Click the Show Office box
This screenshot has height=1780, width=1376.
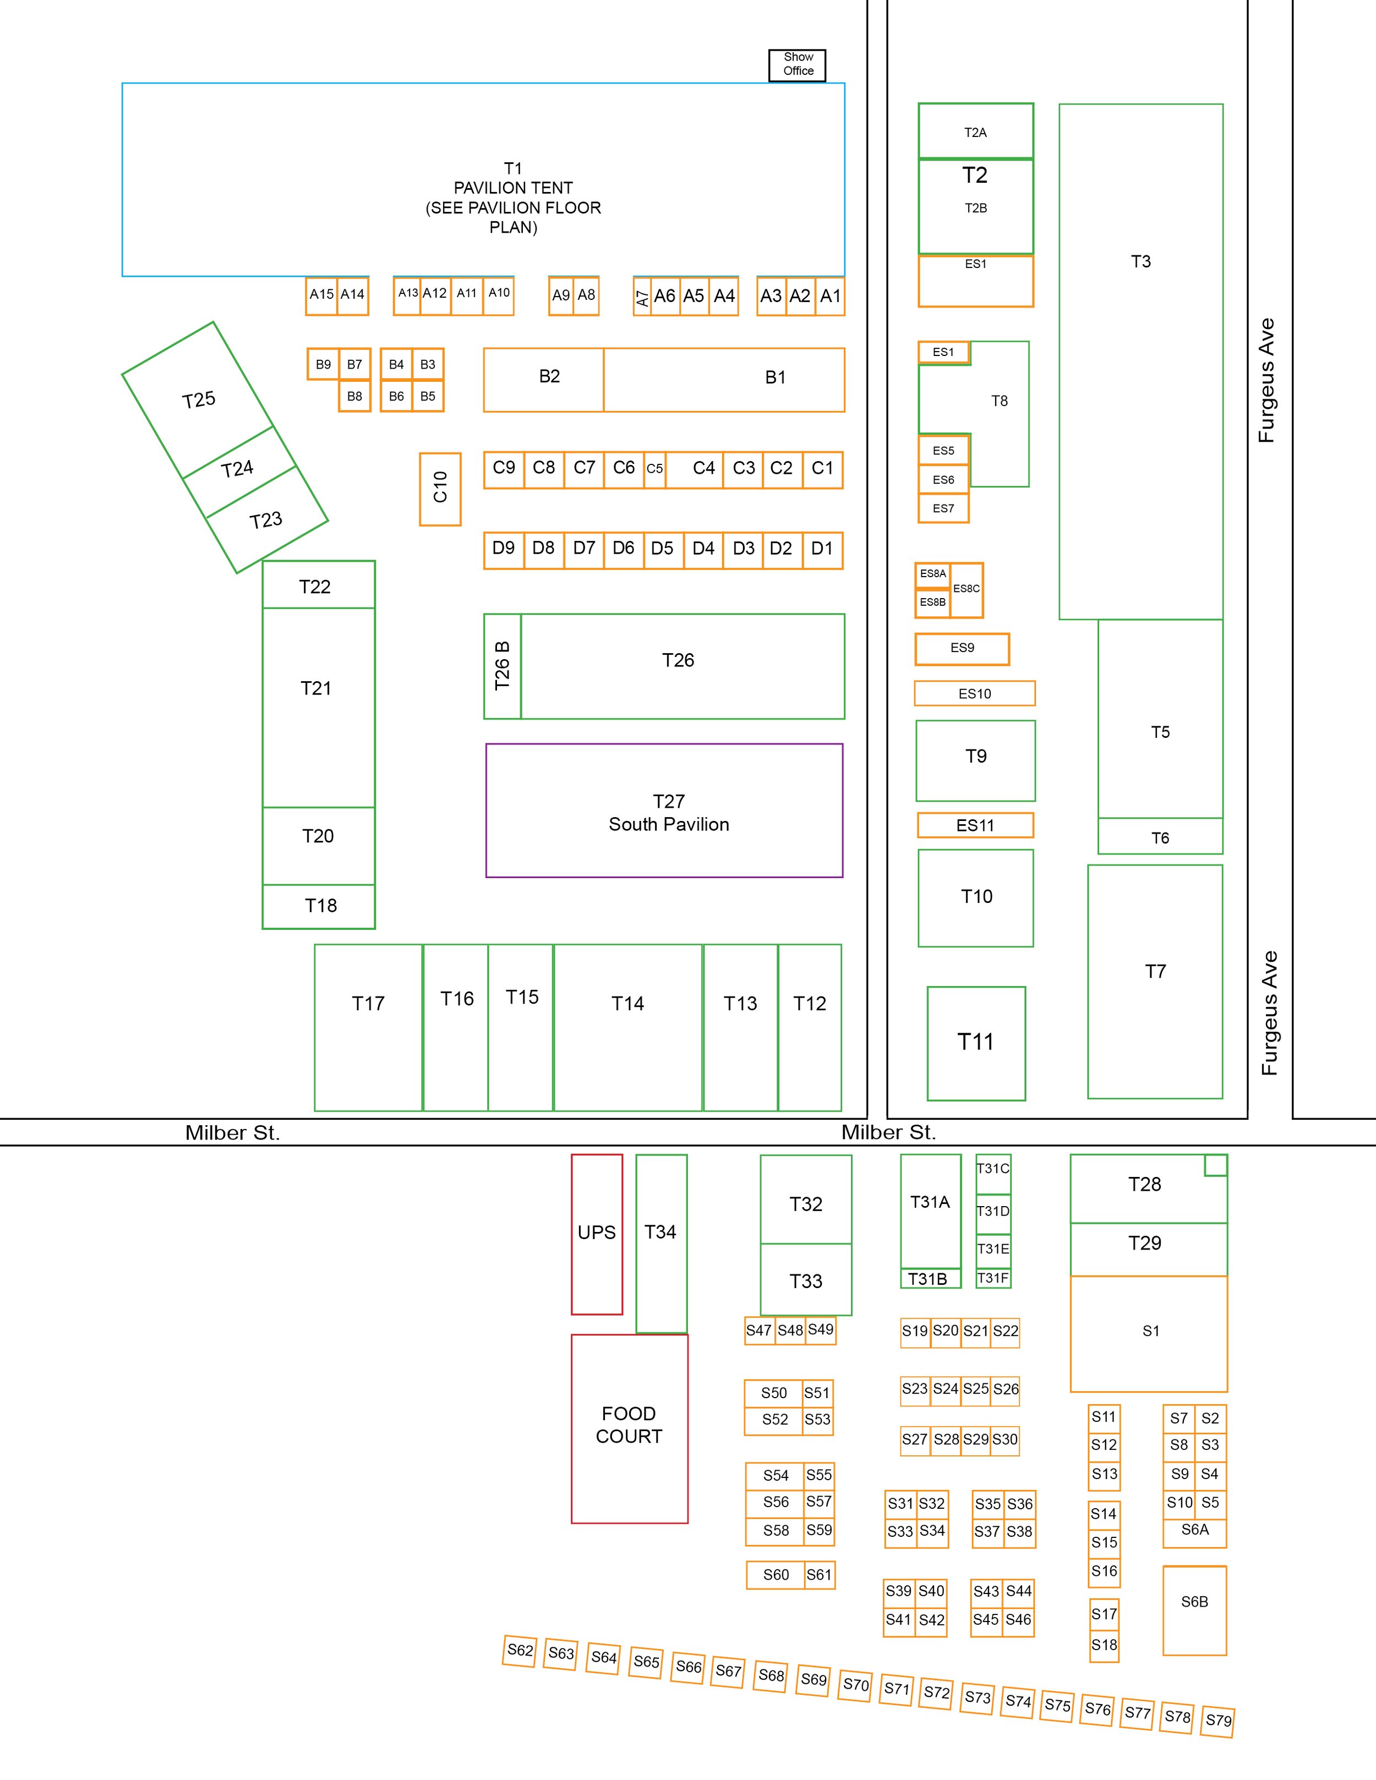(x=797, y=64)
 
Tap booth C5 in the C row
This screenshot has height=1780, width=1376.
(x=654, y=469)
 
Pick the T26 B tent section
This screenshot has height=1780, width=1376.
(x=502, y=666)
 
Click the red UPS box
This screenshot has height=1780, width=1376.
(x=597, y=1233)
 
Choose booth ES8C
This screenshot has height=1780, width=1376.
(x=967, y=589)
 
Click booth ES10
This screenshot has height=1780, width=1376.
(x=975, y=694)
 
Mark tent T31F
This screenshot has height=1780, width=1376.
(x=993, y=1278)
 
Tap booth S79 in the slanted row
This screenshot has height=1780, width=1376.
(x=1218, y=1721)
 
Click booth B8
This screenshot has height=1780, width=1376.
(x=354, y=397)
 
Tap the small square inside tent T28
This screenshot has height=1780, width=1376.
(x=1215, y=1165)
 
